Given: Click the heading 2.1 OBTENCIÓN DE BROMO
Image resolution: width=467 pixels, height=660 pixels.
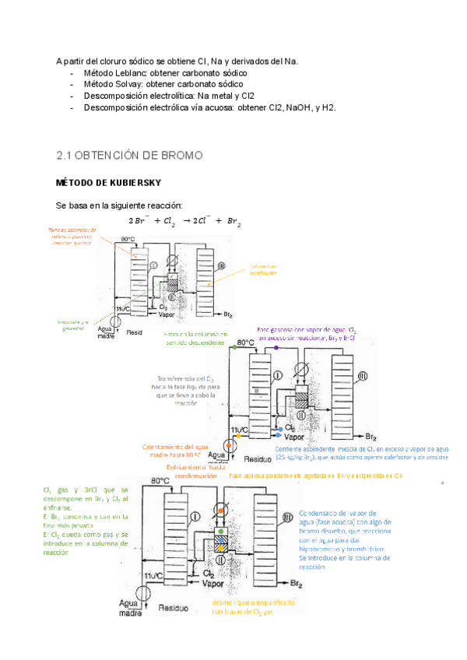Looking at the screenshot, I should pos(129,156).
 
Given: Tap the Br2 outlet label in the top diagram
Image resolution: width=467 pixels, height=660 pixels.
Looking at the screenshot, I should pos(228,315).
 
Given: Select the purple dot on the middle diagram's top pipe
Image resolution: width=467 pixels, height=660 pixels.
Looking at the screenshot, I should pos(276,347).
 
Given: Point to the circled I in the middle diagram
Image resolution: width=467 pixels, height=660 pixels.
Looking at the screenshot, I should pos(277,374).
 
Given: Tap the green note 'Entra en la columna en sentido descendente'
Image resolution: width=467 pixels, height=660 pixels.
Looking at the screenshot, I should pos(195,339).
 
